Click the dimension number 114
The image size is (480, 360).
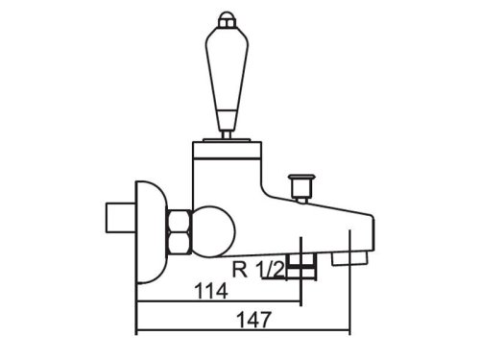(x=211, y=291)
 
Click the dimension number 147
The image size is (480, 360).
(x=253, y=320)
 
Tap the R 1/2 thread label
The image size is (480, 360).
(x=258, y=270)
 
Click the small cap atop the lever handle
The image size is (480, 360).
(x=227, y=19)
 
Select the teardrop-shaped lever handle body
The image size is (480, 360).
(x=226, y=69)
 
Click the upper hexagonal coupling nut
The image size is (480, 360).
(x=179, y=220)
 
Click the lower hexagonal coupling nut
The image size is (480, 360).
(x=179, y=243)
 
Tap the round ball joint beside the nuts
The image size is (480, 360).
(x=214, y=231)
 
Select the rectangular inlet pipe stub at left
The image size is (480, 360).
(x=120, y=218)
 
